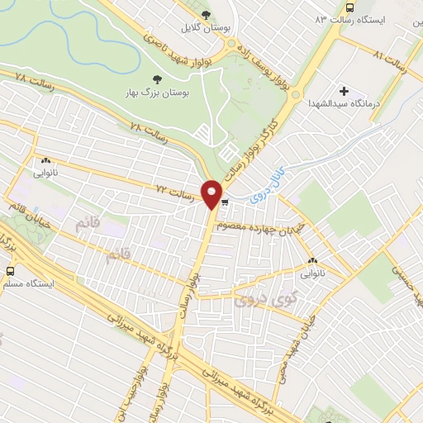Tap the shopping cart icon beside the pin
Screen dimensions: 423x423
pyautogui.click(x=226, y=202)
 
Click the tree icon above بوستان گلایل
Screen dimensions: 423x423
pyautogui.click(x=207, y=15)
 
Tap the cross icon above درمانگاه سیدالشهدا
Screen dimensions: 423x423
pyautogui.click(x=345, y=91)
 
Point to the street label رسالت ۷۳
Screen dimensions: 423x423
pyautogui.click(x=179, y=195)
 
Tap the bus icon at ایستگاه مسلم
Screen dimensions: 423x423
pyautogui.click(x=10, y=270)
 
